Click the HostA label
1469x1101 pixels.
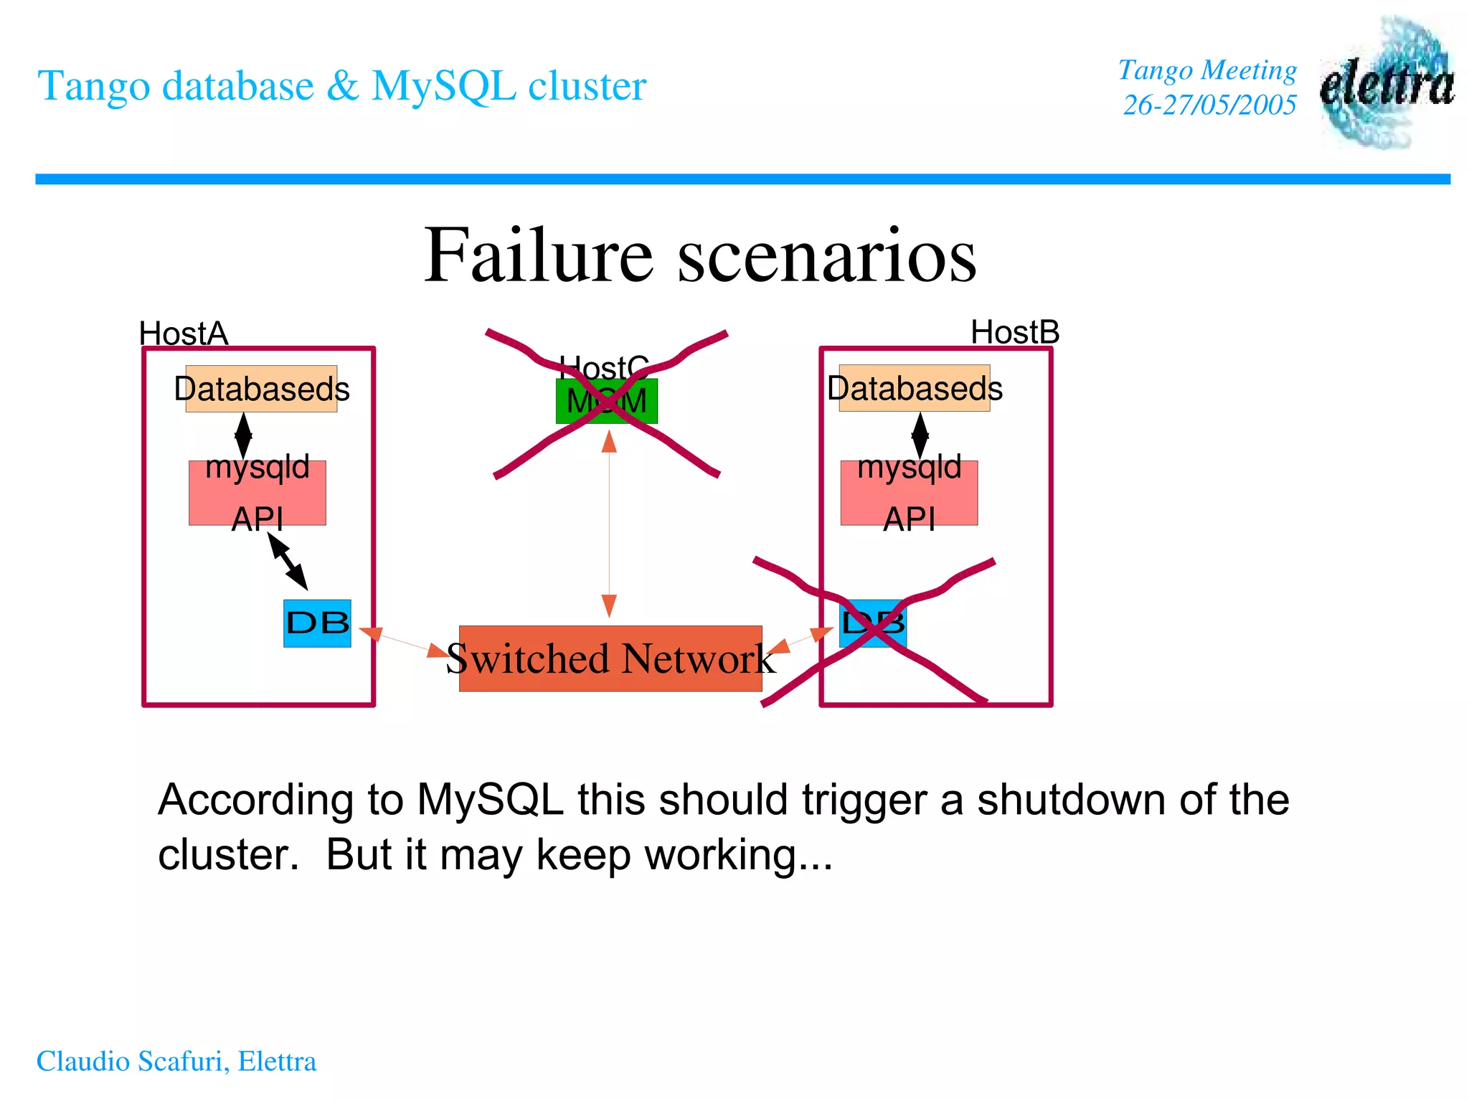[184, 334]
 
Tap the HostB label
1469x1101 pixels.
[1014, 332]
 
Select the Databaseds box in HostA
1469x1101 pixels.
[261, 389]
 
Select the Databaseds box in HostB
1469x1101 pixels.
[915, 389]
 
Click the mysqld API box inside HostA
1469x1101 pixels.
[257, 493]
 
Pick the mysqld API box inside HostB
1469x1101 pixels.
[909, 493]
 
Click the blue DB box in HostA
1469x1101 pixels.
[317, 623]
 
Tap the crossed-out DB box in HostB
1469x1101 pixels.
[872, 623]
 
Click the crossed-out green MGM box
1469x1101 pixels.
[606, 401]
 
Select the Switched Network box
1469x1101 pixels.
[610, 658]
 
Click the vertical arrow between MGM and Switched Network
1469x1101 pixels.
[609, 524]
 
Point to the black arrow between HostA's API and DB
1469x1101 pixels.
[288, 562]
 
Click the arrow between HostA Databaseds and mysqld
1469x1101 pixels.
[243, 435]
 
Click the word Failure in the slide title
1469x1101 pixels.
[538, 256]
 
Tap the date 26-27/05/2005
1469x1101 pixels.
[1209, 105]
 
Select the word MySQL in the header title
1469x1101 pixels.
[443, 86]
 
